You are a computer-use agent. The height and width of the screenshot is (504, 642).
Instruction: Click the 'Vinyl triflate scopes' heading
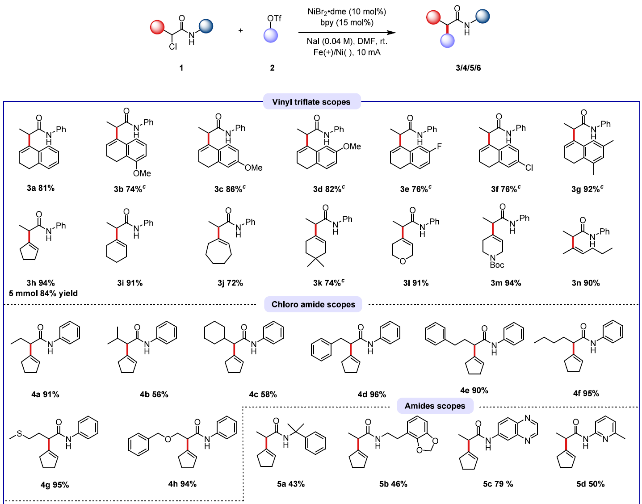(x=311, y=102)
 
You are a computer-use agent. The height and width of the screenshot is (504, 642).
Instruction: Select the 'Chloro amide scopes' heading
(x=313, y=304)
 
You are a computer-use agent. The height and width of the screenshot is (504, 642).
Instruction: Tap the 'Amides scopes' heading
(x=435, y=406)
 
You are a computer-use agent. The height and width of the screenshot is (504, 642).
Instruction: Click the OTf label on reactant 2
(x=274, y=18)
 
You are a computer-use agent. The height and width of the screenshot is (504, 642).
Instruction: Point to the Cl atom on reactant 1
(x=173, y=46)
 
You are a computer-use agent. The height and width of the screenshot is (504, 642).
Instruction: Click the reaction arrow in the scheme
(x=347, y=33)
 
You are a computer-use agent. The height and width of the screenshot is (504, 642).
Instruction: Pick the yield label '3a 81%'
(x=41, y=188)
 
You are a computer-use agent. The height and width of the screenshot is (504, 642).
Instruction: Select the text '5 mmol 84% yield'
(x=43, y=293)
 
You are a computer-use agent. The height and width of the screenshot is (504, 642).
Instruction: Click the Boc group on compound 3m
(x=496, y=265)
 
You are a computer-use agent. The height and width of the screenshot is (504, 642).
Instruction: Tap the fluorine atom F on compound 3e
(x=439, y=146)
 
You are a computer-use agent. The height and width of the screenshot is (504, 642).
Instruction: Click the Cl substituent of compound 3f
(x=529, y=168)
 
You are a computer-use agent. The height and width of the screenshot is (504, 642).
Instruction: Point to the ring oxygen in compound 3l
(x=403, y=261)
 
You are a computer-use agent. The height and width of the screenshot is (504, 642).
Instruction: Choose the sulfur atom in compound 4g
(x=20, y=433)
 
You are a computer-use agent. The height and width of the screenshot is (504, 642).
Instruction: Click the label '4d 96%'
(x=372, y=394)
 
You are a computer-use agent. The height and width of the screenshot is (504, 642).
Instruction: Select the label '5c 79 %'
(x=498, y=484)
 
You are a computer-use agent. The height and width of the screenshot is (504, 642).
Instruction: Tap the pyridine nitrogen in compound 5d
(x=605, y=439)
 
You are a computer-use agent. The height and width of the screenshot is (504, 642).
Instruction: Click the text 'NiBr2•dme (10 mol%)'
(x=347, y=12)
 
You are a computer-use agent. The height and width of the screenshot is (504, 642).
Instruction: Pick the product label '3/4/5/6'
(x=468, y=68)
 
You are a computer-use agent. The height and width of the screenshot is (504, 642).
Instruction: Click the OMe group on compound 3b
(x=142, y=173)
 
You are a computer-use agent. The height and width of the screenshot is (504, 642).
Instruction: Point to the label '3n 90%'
(x=586, y=283)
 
